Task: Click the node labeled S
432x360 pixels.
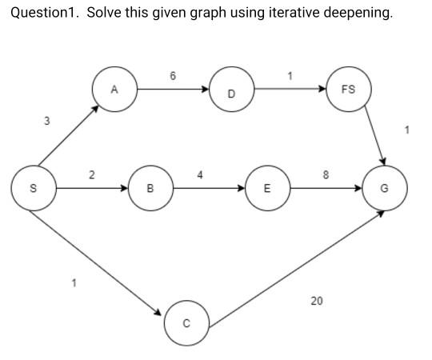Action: point(33,189)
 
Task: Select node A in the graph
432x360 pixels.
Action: point(114,89)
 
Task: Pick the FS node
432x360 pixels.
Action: point(348,89)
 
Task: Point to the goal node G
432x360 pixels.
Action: point(385,189)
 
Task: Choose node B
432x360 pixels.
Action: point(150,189)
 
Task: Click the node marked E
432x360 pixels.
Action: point(267,189)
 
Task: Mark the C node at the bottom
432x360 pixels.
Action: point(186,323)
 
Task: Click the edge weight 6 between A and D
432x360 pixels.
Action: point(173,75)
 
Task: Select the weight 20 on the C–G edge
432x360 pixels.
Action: point(317,301)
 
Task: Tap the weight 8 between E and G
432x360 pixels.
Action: point(324,174)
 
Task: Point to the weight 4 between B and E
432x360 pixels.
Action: point(200,174)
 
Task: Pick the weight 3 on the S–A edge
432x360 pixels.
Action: point(46,121)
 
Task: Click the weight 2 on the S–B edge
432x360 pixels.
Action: point(91,174)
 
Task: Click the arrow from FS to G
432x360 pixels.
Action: point(374,136)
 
